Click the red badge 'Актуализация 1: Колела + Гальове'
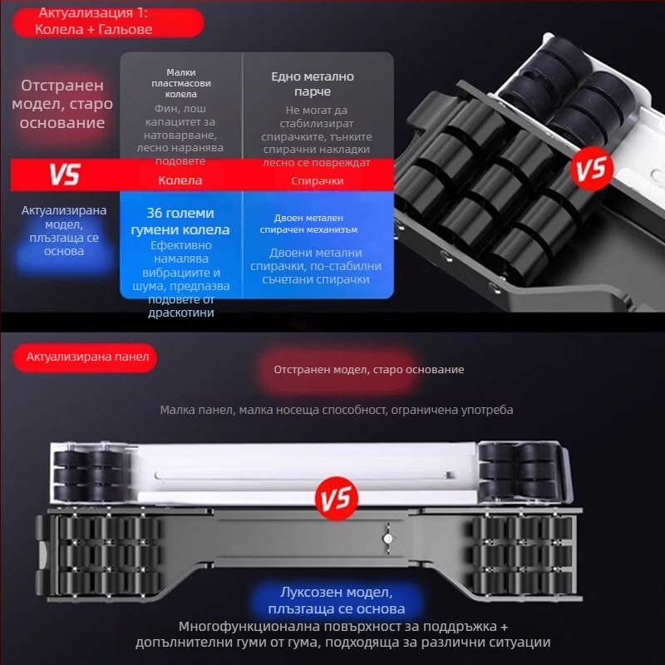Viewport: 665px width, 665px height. coord(108,22)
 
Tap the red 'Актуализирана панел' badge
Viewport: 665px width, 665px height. coord(85,357)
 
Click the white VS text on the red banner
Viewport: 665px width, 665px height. coord(65,175)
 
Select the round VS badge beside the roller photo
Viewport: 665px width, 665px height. coord(592,169)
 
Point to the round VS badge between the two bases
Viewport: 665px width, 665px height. coord(337,498)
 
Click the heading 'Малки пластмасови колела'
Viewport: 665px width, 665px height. coord(181,83)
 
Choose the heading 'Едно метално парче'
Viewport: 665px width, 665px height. coord(313,84)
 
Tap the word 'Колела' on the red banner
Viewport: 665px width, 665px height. coord(180,180)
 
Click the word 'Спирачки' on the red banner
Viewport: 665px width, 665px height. coord(318,181)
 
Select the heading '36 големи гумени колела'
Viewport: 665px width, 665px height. coord(180,221)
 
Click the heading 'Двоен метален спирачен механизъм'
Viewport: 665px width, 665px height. coord(308,224)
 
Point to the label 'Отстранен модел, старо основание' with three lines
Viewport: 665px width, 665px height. coord(62,104)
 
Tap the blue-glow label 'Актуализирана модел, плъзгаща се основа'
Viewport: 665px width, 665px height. coord(64,231)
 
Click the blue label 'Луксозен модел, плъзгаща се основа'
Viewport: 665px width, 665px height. coord(337,600)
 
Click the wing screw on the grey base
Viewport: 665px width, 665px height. coord(387,539)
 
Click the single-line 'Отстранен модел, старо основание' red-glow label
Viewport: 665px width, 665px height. coord(368,370)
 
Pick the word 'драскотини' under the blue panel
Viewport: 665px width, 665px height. coord(181,313)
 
